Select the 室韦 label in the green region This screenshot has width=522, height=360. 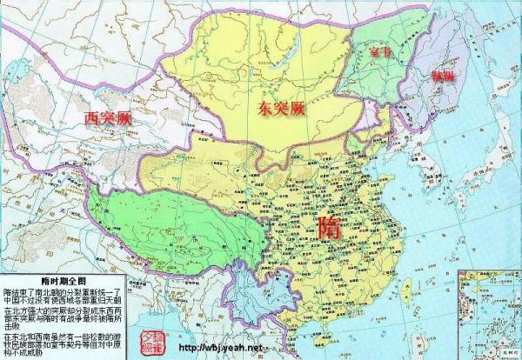pos(381,52)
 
